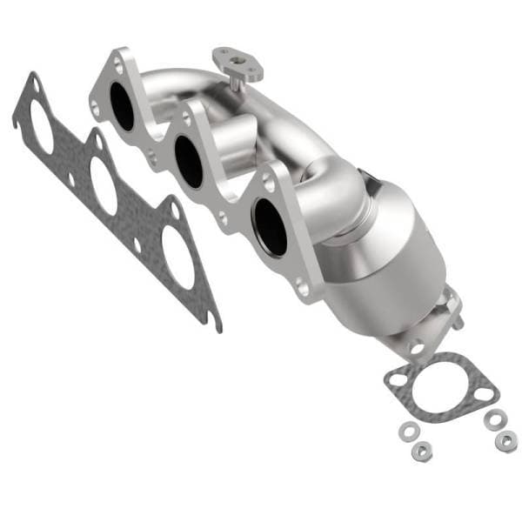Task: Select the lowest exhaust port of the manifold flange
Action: pyautogui.click(x=271, y=226)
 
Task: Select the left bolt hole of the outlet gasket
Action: pyautogui.click(x=398, y=379)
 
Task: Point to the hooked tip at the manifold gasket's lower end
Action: pyautogui.click(x=215, y=325)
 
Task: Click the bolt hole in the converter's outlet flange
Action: pyautogui.click(x=417, y=349)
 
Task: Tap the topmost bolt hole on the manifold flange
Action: pyautogui.click(x=115, y=64)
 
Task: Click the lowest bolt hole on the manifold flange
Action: pyautogui.click(x=301, y=286)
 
